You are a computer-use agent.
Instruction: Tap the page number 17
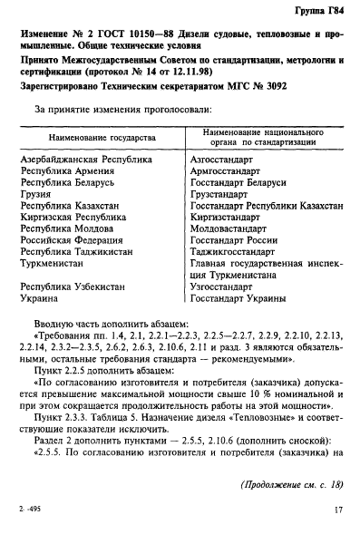click(x=337, y=510)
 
